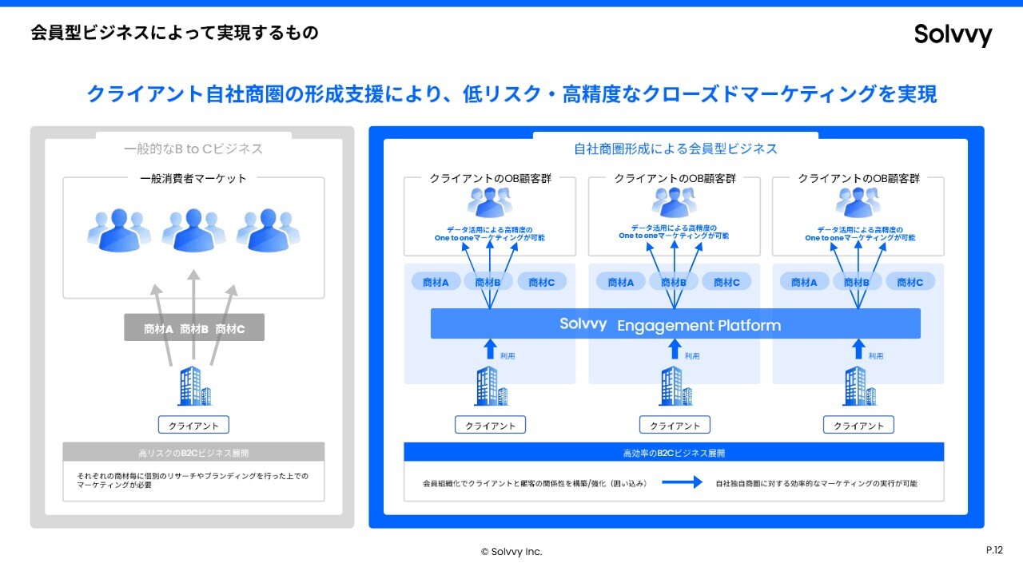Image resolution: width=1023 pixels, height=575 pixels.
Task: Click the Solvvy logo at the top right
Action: tap(953, 34)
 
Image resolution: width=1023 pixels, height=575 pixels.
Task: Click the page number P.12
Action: tap(994, 550)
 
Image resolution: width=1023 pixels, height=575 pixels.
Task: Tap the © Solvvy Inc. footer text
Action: tap(511, 551)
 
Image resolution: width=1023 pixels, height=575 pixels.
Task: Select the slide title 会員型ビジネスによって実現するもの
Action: tap(174, 33)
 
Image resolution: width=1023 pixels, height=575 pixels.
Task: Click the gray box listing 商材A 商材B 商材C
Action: tap(194, 327)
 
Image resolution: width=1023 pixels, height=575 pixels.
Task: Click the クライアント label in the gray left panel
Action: tap(193, 425)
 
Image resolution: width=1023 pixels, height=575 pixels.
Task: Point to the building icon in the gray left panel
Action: tap(195, 386)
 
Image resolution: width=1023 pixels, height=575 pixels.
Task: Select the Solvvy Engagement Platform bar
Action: tap(675, 323)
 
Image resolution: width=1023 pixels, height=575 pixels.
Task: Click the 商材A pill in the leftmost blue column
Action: tap(436, 282)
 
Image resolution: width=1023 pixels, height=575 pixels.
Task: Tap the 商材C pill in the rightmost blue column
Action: tap(910, 282)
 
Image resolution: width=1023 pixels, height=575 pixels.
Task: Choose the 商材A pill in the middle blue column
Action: tap(621, 282)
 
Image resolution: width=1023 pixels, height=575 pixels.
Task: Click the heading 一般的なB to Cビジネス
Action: tap(193, 149)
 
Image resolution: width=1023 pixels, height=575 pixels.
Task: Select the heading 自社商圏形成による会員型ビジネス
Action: tap(675, 149)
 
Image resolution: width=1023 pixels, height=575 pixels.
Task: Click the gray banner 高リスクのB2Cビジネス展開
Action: tap(193, 452)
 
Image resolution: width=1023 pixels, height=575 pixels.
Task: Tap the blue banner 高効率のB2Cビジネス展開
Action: tap(674, 452)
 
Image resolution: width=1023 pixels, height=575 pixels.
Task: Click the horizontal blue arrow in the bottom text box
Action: tap(683, 482)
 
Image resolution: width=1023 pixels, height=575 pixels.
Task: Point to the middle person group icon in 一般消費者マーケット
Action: tap(193, 231)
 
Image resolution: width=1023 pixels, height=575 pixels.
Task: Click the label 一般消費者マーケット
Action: tap(193, 178)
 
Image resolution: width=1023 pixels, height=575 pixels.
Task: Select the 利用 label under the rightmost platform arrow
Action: tap(875, 356)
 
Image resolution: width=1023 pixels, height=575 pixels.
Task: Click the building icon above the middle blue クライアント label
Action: tap(676, 386)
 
